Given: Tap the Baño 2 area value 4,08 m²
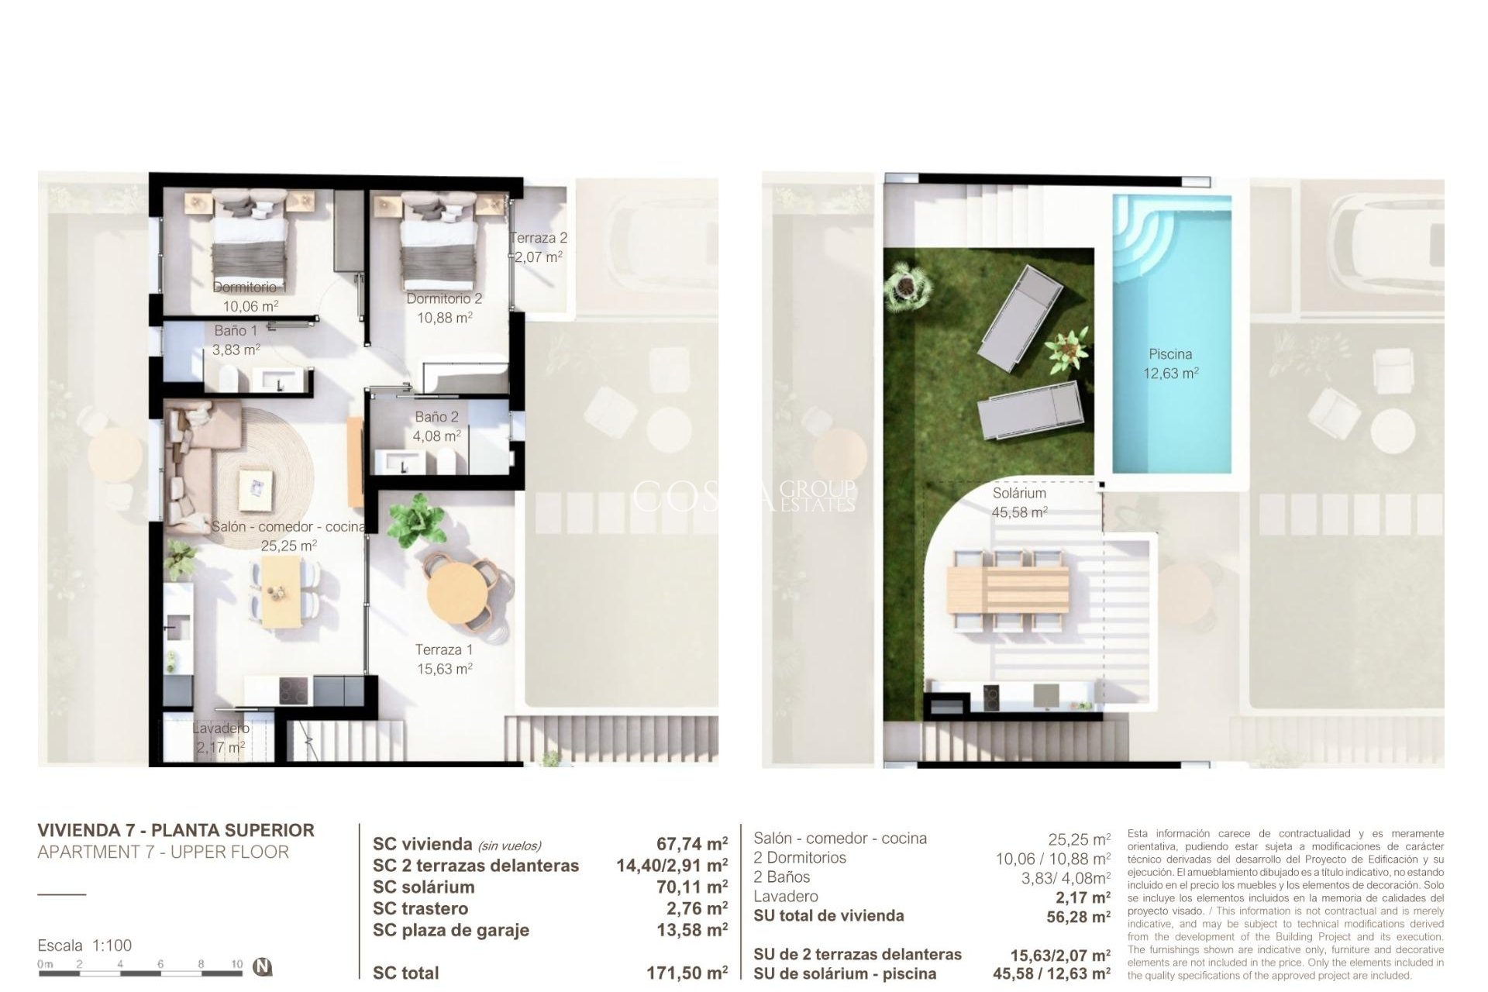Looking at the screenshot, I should pos(436,436).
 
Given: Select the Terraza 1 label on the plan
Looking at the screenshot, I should pos(443,649).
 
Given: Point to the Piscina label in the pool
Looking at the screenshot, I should pos(1170,354).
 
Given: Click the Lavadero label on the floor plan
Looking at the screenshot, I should pos(221,728).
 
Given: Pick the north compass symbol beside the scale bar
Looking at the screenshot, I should pos(264,967).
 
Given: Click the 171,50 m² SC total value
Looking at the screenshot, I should pos(687,973).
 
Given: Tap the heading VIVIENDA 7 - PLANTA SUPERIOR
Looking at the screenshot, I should pos(176,830).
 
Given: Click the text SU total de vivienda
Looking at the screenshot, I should pos(828,916).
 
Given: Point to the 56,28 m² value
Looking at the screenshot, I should pos(1078,918).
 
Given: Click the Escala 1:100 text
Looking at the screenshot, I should pos(84,945).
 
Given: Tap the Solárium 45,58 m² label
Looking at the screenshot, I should pos(1019,502).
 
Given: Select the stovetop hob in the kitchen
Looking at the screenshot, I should pos(294,690).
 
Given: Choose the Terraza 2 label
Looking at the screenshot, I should pos(539,238).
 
